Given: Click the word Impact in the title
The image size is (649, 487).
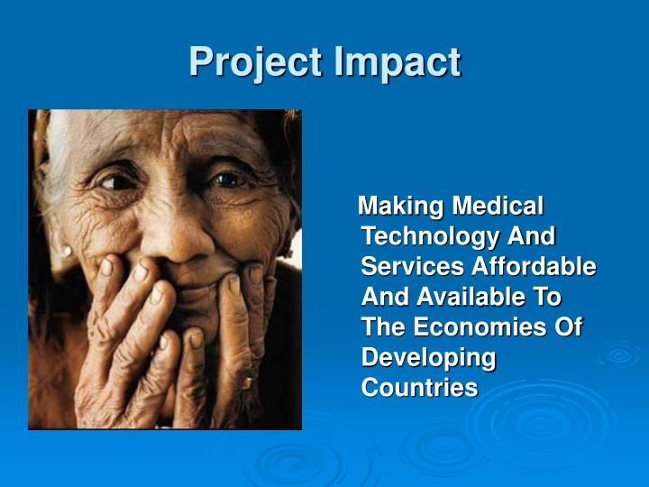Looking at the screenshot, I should tap(398, 62).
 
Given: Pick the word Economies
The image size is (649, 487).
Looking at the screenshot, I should tap(478, 327).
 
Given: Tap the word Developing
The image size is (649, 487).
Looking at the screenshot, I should tap(428, 358).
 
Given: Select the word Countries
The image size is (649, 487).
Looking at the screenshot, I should tap(419, 388).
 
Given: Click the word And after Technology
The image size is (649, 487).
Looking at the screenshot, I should tap(532, 236).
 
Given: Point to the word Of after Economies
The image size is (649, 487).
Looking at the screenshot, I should tap(568, 327).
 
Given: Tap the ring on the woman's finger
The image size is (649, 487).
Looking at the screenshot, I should tap(244, 382).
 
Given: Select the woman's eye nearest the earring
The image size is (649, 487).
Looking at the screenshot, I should tap(114, 181).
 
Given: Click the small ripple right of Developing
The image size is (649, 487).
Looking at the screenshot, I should tap(618, 354).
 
